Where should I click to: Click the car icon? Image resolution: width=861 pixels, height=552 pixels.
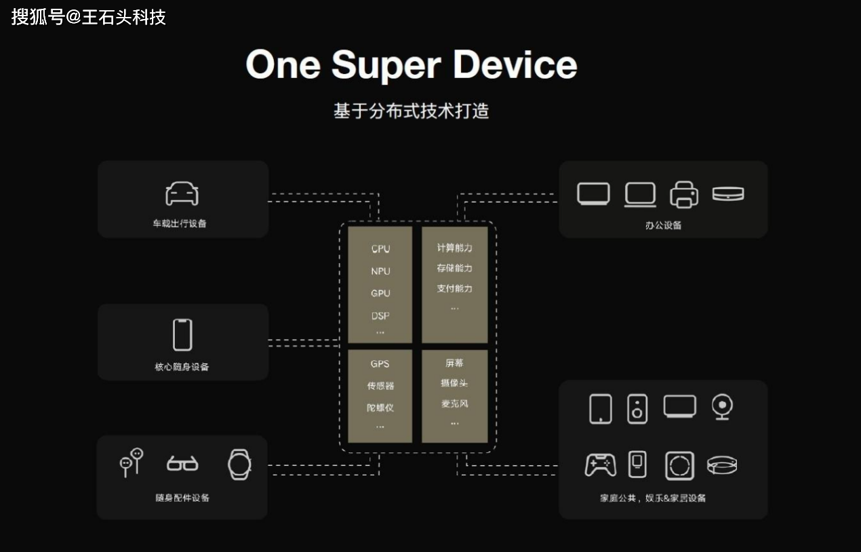pos(182,194)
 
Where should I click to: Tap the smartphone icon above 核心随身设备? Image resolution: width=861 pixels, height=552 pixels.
pos(182,334)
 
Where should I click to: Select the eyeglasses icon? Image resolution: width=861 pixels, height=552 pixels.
pos(182,464)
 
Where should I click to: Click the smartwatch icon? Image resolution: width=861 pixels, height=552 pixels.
pos(239,465)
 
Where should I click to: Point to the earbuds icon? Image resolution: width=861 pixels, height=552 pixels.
pos(132,462)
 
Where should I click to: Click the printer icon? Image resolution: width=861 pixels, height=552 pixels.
pos(684,195)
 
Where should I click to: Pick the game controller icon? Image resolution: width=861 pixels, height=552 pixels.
pos(600,465)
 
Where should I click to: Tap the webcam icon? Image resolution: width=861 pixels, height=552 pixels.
pos(721,407)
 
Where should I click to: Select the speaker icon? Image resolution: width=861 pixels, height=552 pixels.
pos(637,409)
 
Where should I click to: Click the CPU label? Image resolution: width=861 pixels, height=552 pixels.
pos(380,249)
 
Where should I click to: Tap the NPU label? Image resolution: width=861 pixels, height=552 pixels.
pos(380,271)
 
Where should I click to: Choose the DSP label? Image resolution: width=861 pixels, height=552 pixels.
pos(380,316)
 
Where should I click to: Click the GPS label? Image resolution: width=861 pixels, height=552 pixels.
pos(380,364)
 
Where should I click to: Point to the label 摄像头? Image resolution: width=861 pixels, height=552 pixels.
pos(454,383)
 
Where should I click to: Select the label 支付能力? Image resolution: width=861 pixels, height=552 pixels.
pos(454,289)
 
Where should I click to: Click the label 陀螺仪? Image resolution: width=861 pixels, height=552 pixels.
pos(380,408)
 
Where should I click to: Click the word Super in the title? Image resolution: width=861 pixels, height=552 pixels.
pos(386,65)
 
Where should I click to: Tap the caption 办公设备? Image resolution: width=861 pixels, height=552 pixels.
pos(663,225)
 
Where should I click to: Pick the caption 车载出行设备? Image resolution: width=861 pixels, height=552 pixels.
pos(180,223)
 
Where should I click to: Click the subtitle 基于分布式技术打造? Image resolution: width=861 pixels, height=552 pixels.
pos(411,111)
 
